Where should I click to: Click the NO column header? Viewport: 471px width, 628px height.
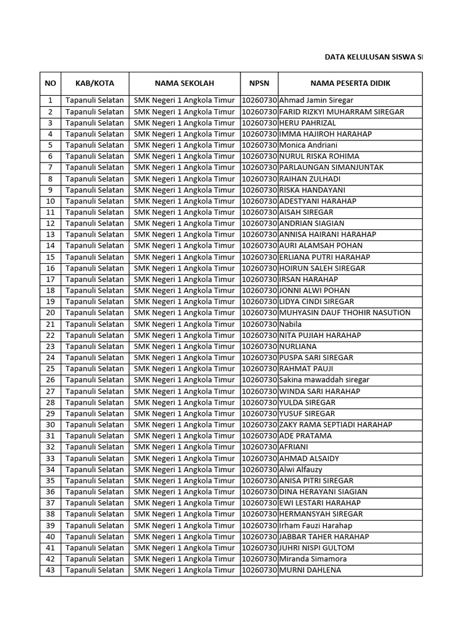50,83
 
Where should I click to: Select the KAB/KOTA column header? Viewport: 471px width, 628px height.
94,83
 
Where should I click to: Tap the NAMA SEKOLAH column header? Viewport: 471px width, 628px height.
184,83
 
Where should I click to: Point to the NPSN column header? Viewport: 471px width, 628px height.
259,83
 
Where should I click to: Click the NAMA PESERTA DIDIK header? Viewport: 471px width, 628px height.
350,83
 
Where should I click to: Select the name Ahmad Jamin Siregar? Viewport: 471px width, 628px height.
316,100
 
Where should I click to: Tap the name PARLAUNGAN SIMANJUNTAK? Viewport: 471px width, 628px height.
331,167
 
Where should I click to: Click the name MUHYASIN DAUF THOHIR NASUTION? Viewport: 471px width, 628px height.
345,313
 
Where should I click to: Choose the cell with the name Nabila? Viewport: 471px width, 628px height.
291,324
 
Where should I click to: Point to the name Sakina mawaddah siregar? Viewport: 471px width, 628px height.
324,380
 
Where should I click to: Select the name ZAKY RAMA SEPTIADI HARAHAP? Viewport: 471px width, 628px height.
335,424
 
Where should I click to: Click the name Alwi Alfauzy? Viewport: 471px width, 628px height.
301,470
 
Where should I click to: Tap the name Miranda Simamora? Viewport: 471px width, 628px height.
313,559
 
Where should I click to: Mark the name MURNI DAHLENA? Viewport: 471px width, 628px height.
310,570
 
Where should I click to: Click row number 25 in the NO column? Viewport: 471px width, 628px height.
50,369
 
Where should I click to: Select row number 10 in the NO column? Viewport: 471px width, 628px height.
50,201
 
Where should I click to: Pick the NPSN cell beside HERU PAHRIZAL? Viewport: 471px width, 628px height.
259,123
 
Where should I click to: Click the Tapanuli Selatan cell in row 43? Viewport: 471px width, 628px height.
94,570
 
